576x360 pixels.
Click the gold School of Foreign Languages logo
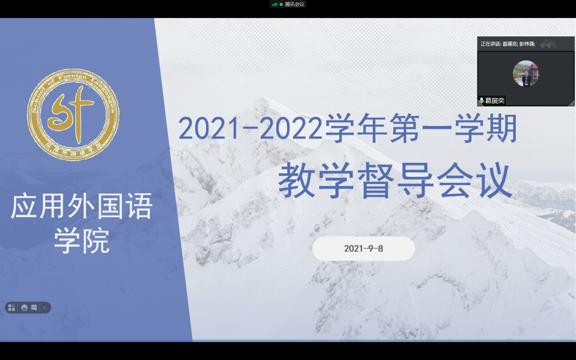click(73, 115)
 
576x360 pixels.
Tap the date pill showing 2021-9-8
click(363, 248)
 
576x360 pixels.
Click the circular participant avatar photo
click(526, 74)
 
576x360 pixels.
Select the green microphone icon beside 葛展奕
click(481, 100)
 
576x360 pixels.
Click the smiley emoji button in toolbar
click(25, 308)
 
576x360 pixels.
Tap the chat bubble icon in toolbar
click(34, 308)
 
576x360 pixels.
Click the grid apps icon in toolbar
click(11, 308)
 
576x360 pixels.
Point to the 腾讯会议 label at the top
click(295, 4)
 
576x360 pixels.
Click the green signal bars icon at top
click(275, 4)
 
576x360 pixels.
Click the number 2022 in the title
click(291, 128)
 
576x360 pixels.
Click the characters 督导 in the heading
click(396, 180)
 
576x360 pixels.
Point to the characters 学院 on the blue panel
click(82, 241)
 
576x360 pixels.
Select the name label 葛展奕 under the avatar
click(495, 100)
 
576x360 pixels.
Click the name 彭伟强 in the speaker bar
click(527, 44)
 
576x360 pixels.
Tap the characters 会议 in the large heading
click(475, 180)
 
